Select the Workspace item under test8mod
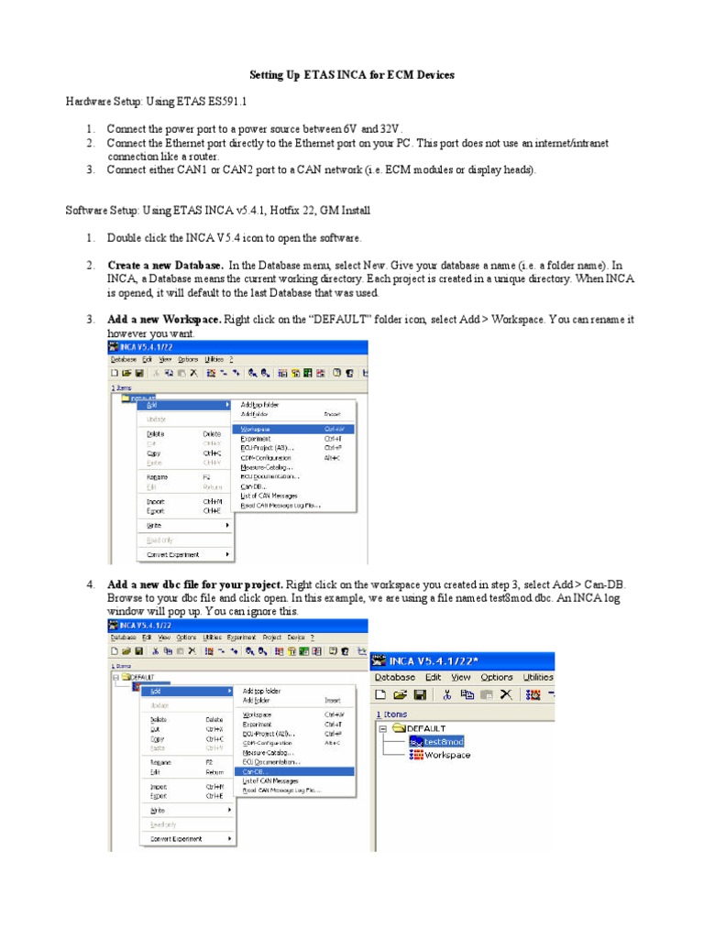pos(446,755)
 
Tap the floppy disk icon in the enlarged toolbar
pos(420,694)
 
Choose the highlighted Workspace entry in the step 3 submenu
pos(256,428)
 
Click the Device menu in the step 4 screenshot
pos(296,637)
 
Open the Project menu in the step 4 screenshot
pos(272,637)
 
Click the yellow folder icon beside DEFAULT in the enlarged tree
pos(398,727)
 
